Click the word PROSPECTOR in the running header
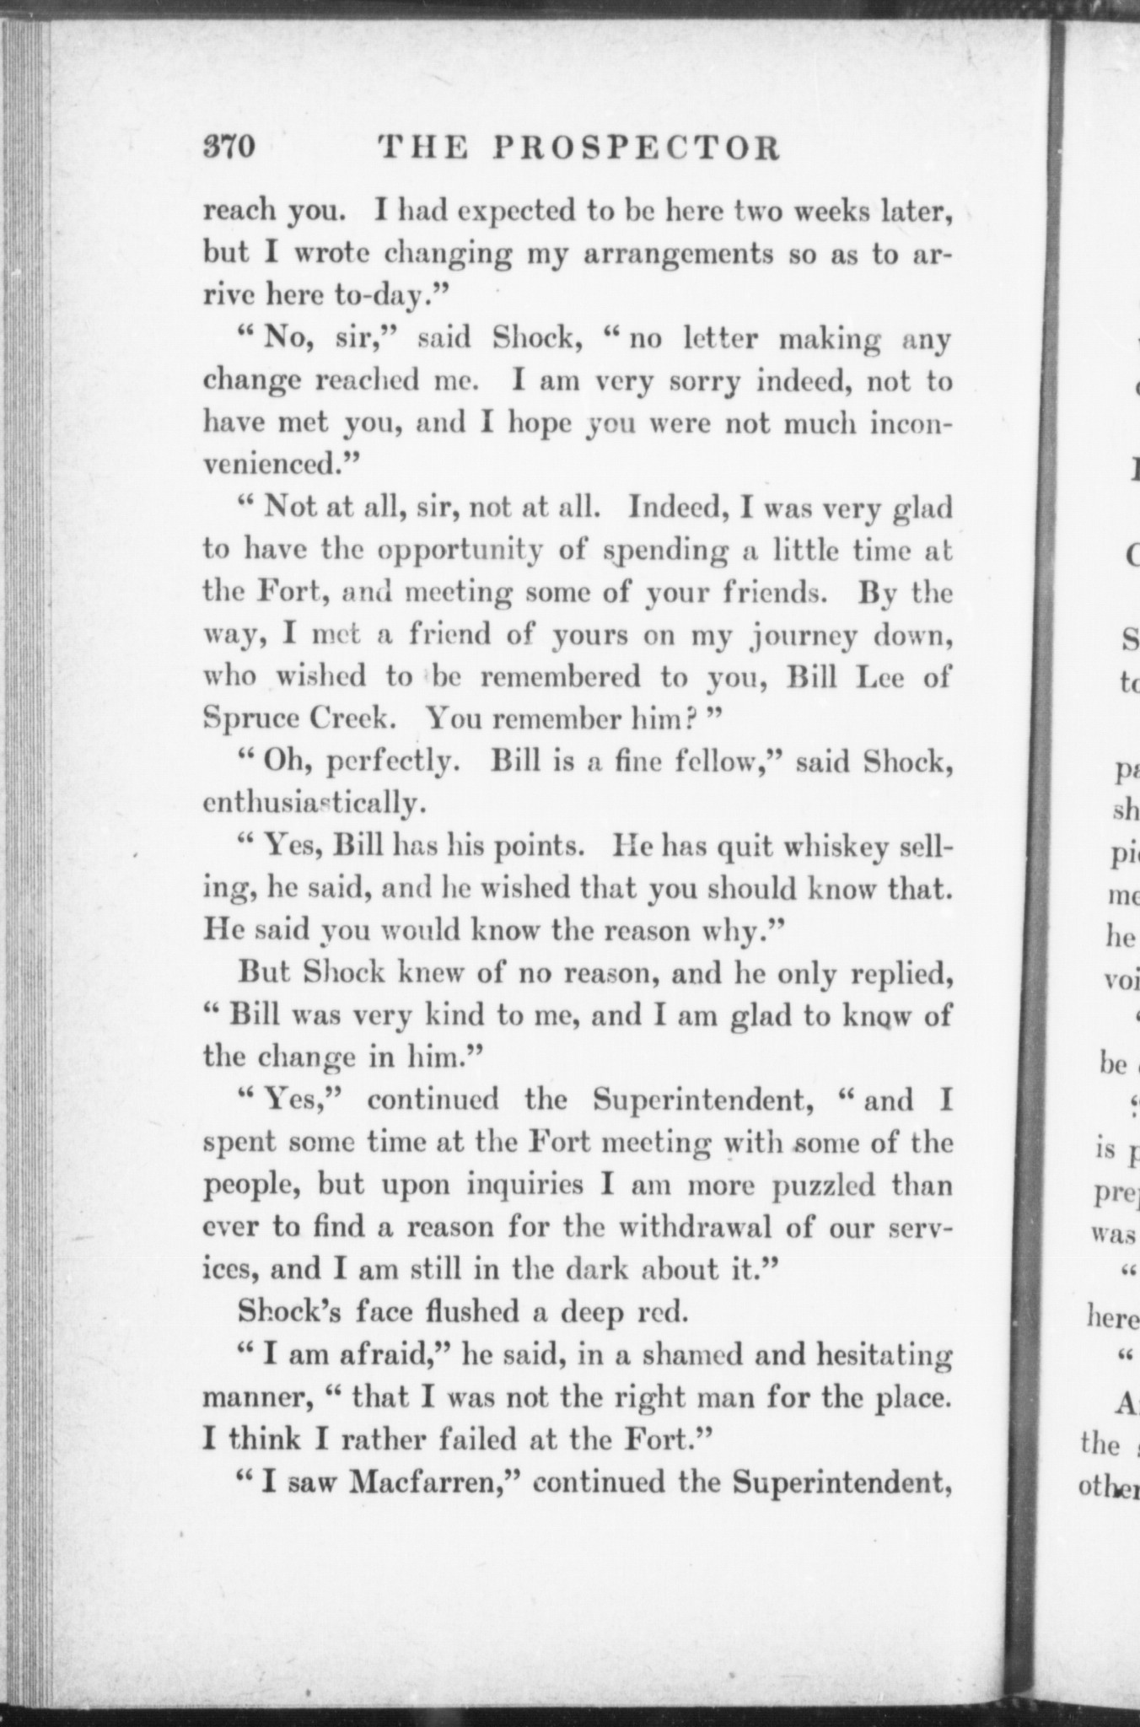(x=637, y=148)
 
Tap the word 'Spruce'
(x=250, y=719)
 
